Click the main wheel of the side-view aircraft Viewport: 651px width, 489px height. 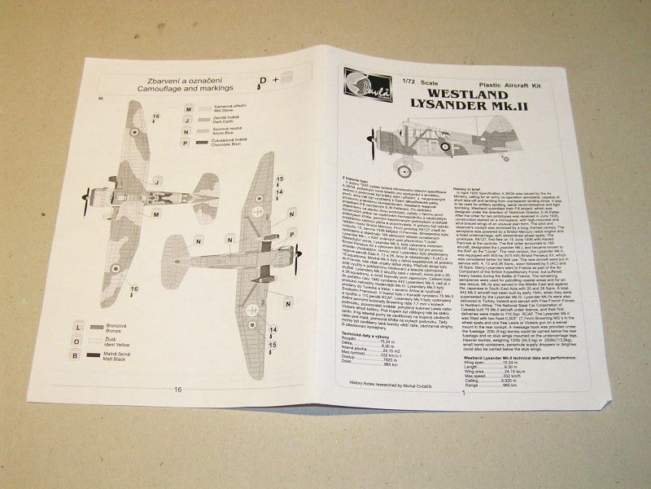(404, 170)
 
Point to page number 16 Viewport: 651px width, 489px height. (178, 390)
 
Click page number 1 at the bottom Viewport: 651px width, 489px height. (461, 395)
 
